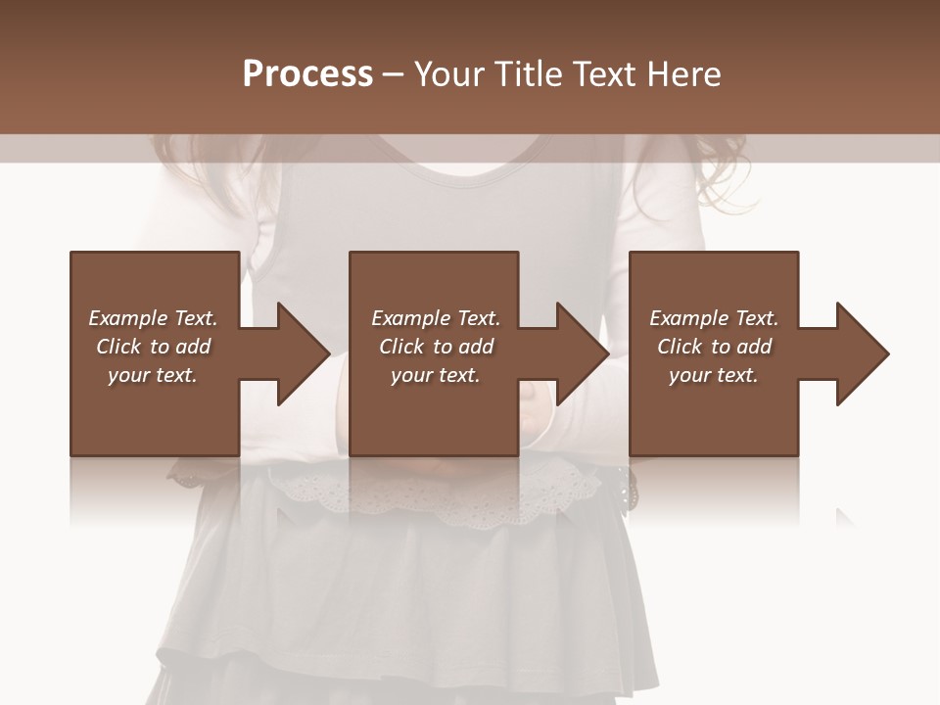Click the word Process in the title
(x=307, y=74)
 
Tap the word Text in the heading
(x=602, y=74)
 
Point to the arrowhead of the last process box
(x=861, y=353)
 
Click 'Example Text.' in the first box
(x=153, y=318)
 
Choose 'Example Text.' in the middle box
(x=436, y=318)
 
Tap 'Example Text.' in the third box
(x=714, y=318)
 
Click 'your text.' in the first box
(x=153, y=375)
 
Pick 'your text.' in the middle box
(x=436, y=375)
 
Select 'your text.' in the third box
(x=714, y=375)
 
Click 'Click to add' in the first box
(x=153, y=347)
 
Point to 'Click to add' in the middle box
(x=436, y=347)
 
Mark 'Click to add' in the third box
(x=714, y=347)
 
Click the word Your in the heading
(x=448, y=74)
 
